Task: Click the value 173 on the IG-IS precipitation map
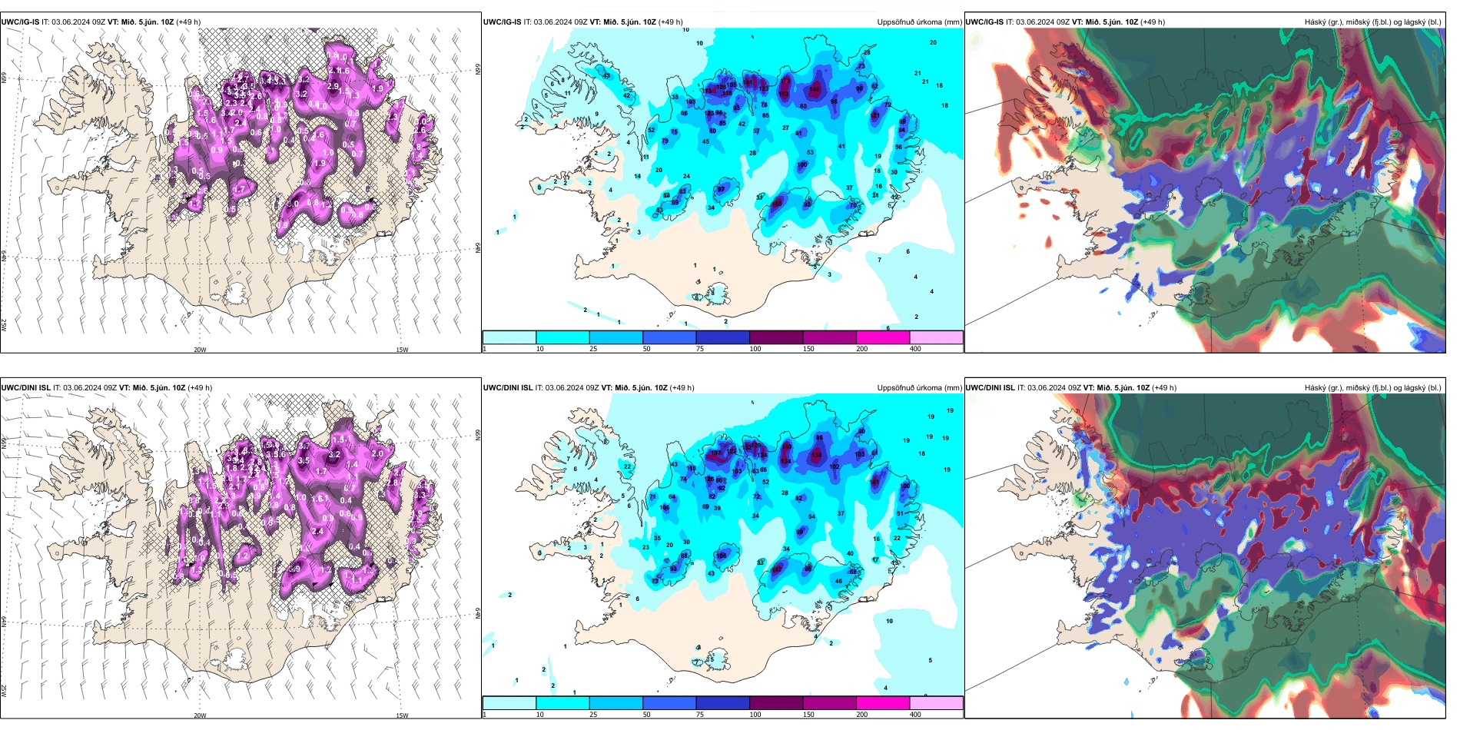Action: pyautogui.click(x=785, y=79)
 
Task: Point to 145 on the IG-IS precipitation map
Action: pyautogui.click(x=815, y=90)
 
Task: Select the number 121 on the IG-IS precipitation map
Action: pyautogui.click(x=874, y=116)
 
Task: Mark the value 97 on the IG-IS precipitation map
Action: pyautogui.click(x=721, y=189)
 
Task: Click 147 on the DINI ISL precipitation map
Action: pyautogui.click(x=777, y=569)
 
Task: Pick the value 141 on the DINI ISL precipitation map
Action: pyautogui.click(x=874, y=482)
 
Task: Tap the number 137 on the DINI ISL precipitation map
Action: pyautogui.click(x=716, y=453)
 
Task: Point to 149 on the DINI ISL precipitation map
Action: pyautogui.click(x=786, y=446)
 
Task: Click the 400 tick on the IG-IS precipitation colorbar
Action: pyautogui.click(x=915, y=349)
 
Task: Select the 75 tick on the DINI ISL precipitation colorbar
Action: pyautogui.click(x=700, y=715)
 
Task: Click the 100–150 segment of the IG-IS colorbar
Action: pyautogui.click(x=776, y=337)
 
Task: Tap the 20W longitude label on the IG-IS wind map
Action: pyautogui.click(x=200, y=350)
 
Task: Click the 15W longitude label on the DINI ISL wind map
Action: pyautogui.click(x=402, y=715)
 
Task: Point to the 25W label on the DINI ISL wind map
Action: pyautogui.click(x=4, y=690)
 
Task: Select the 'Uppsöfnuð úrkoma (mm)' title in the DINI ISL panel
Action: pyautogui.click(x=919, y=388)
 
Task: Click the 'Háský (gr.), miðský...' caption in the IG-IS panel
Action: pyautogui.click(x=1372, y=22)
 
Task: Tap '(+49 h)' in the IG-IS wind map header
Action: pyautogui.click(x=188, y=22)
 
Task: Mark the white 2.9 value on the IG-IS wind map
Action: pyautogui.click(x=332, y=86)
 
